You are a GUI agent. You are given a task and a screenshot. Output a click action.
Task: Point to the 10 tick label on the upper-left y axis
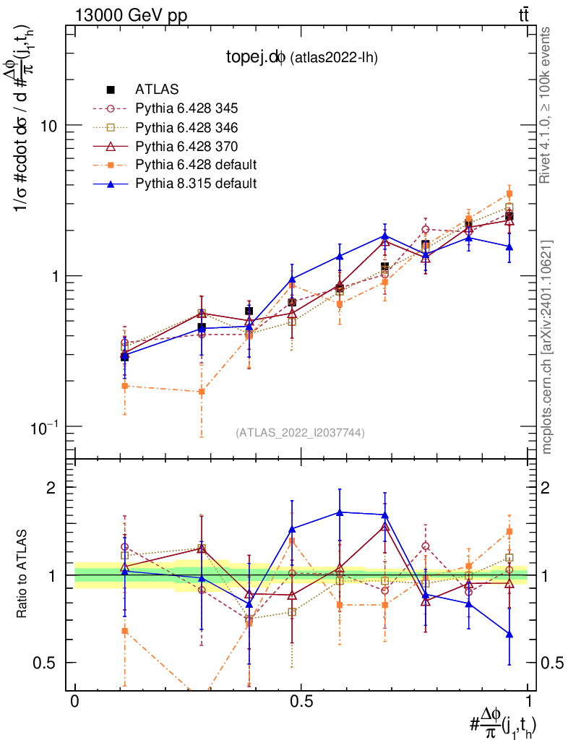tap(48, 125)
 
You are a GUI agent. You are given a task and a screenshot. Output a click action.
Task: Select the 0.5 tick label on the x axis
tap(301, 702)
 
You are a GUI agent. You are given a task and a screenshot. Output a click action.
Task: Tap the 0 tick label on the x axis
tap(74, 702)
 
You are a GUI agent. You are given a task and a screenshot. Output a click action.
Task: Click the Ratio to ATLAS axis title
tap(22, 575)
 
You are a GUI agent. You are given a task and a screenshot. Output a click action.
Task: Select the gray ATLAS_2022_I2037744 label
tap(300, 432)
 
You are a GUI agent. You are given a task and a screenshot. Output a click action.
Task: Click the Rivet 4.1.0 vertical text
tap(547, 105)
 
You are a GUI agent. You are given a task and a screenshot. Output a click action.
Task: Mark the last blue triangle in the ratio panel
tap(509, 634)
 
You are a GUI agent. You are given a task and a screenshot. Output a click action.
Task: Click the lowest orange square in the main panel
tap(202, 392)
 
